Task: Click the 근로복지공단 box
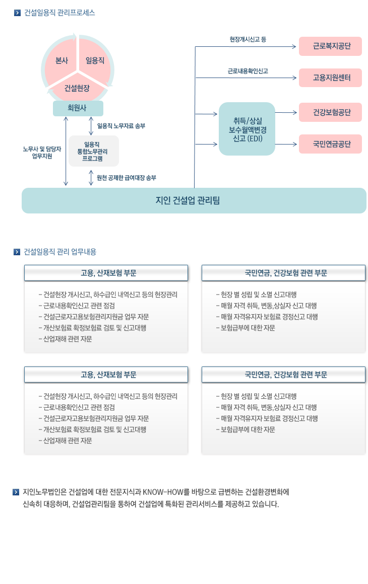(330, 46)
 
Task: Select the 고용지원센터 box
(330, 78)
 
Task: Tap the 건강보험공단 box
(330, 112)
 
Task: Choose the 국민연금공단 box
(330, 144)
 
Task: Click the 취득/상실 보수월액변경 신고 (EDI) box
(247, 129)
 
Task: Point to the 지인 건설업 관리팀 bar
(194, 200)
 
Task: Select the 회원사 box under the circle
(78, 108)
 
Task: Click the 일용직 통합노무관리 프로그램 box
(94, 151)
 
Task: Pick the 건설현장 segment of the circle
(77, 88)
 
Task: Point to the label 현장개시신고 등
(248, 39)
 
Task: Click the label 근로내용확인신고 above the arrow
(248, 71)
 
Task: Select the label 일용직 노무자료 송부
(121, 126)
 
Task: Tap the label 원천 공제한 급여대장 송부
(127, 178)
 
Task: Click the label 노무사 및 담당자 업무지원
(42, 153)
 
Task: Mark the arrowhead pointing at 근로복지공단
(294, 46)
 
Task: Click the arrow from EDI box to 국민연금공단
(286, 144)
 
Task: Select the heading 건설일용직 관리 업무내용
(60, 252)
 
